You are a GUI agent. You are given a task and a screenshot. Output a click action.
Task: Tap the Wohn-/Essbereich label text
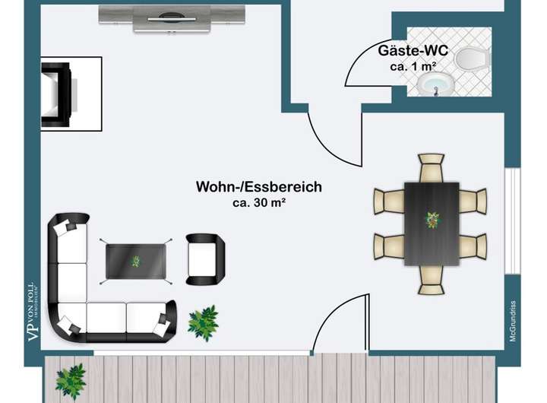click(259, 186)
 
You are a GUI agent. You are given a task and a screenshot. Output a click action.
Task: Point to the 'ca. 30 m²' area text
click(259, 203)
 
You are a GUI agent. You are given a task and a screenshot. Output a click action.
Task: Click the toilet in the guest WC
click(472, 57)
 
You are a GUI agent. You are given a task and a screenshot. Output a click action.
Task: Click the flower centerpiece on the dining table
click(432, 221)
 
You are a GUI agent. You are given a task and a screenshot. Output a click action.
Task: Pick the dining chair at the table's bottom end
click(432, 279)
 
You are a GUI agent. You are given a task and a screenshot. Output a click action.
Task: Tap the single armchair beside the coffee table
click(206, 259)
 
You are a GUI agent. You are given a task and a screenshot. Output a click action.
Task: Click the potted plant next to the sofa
click(203, 322)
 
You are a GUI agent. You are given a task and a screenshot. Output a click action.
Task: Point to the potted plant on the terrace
click(71, 380)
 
